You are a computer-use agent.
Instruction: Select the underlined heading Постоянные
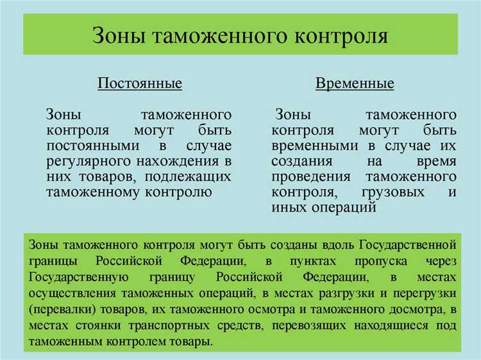[140, 84]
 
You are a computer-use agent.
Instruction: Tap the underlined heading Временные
[355, 84]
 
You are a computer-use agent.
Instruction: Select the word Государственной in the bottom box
[407, 245]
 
